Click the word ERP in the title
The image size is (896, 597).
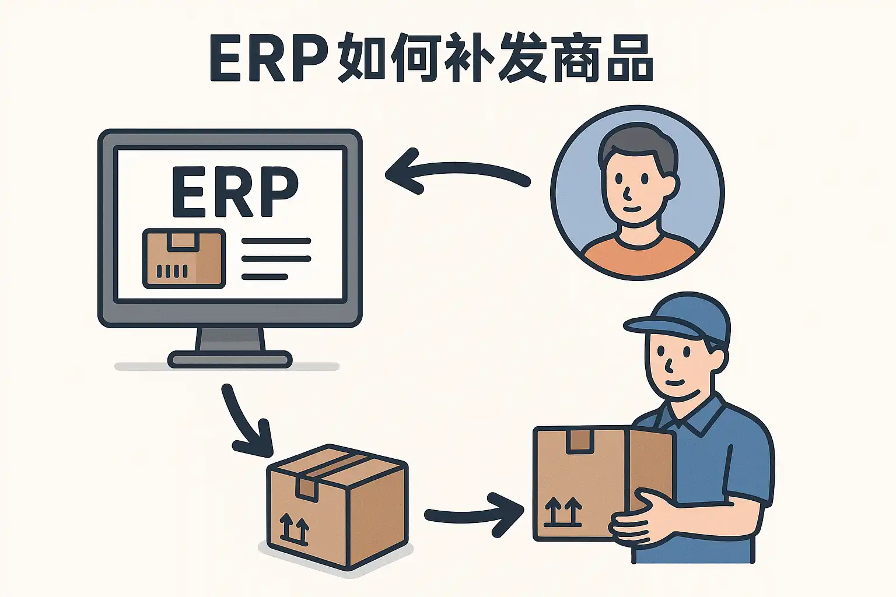(x=268, y=59)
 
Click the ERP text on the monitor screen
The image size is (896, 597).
(x=235, y=191)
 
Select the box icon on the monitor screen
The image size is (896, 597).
(x=184, y=258)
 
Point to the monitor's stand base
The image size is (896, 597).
(x=230, y=359)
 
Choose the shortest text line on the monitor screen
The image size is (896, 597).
(x=265, y=276)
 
